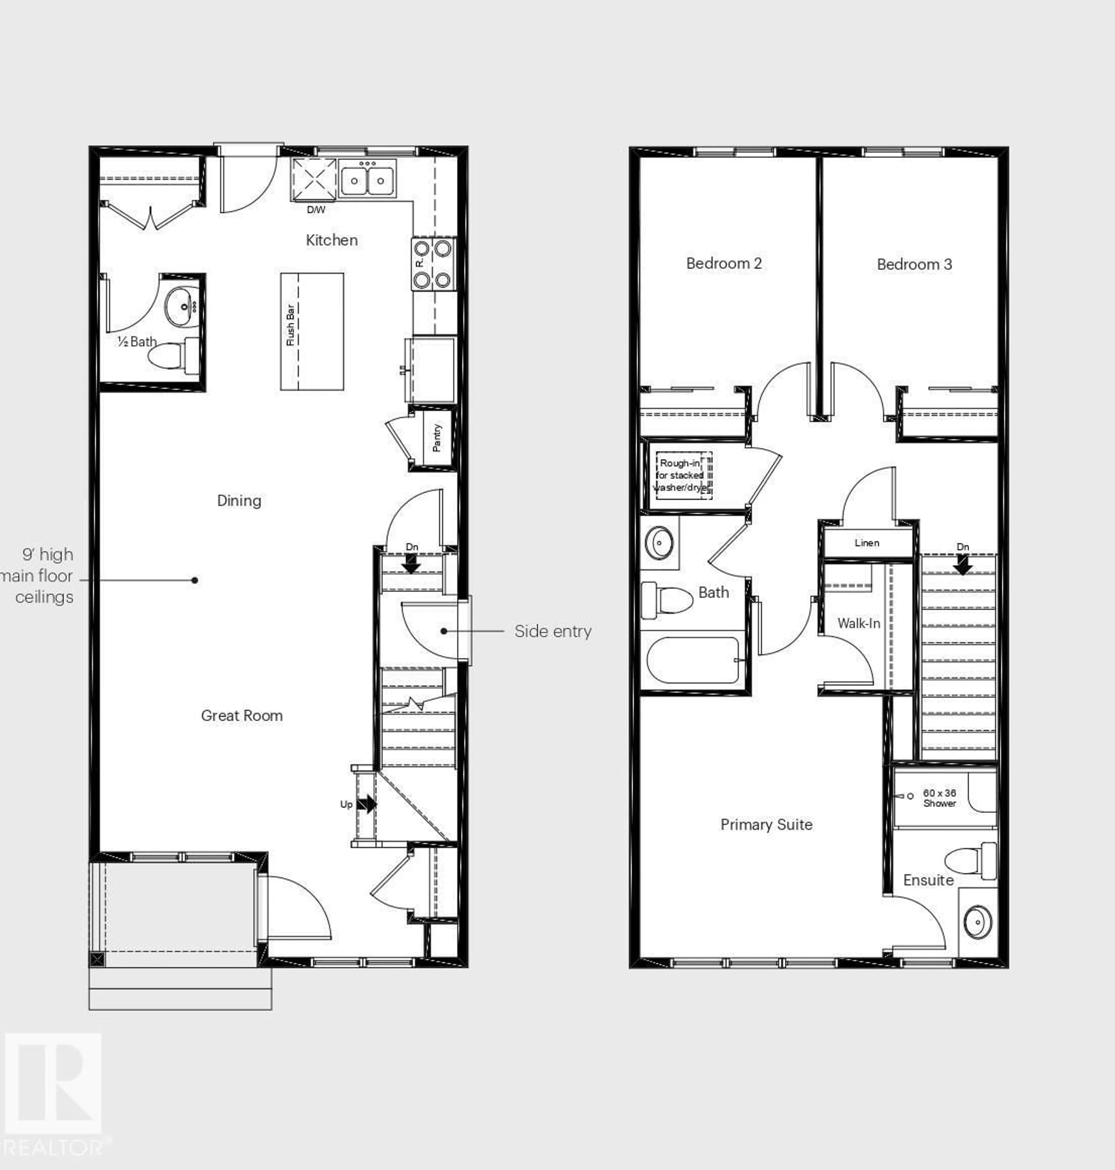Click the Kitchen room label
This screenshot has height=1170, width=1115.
(x=332, y=240)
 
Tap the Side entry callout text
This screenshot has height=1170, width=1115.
(x=553, y=631)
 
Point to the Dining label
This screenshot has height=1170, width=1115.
(x=239, y=500)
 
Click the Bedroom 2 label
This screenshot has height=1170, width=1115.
(x=724, y=263)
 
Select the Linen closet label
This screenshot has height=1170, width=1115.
(x=866, y=543)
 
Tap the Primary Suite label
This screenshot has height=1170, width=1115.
(x=766, y=825)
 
